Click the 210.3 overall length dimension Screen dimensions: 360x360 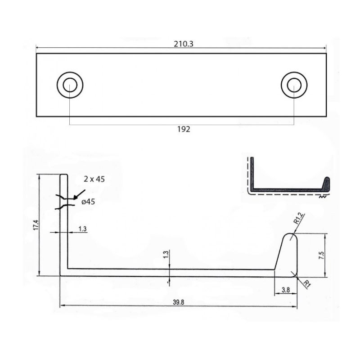tap(184, 44)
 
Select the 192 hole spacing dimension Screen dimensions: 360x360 tap(184, 129)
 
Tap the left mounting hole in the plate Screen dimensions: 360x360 tap(70, 85)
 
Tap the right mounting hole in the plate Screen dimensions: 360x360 tap(294, 85)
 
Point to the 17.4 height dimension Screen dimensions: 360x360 tap(36, 225)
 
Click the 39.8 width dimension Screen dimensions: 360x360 tap(178, 302)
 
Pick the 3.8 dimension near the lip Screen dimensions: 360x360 tap(286, 290)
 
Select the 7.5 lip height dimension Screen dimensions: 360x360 tap(321, 255)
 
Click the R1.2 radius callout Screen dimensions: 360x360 tap(299, 218)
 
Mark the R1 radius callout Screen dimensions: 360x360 tap(307, 284)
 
